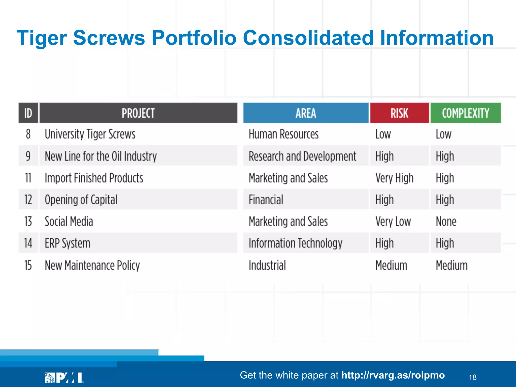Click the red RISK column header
coord(399,113)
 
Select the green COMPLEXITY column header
coord(465,113)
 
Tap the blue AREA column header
coord(306,113)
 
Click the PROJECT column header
coord(138,113)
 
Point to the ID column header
coord(28,113)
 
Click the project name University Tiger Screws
coord(90,134)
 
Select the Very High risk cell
coord(394,178)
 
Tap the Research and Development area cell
coord(302,156)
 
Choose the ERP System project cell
coord(68,243)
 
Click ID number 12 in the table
coord(28,200)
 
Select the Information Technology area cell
coord(295,243)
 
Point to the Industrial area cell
coord(267,265)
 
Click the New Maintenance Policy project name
coord(92,265)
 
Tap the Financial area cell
coord(266,200)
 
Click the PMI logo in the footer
coord(64,377)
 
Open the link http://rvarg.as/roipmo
coord(393,375)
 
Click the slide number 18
coord(472,377)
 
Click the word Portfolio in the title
coord(194,38)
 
